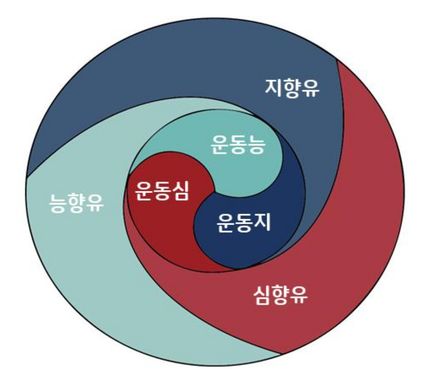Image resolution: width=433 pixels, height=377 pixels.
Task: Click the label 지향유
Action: (292, 88)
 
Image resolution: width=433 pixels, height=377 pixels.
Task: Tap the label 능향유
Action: (76, 203)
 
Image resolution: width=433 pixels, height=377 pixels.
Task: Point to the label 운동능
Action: (238, 145)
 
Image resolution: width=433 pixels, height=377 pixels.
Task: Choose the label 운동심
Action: (162, 191)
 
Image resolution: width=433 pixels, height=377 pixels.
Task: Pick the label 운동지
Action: (244, 223)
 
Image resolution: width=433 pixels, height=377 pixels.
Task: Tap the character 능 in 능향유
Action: (58, 203)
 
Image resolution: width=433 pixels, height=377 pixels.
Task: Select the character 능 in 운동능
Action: (256, 145)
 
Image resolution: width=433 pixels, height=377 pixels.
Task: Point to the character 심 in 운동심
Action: (180, 191)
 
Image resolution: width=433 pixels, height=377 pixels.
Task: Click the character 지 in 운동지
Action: (262, 222)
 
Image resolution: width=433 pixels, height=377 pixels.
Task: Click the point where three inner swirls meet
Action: (214, 192)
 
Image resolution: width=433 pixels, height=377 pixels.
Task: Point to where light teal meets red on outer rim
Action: (281, 354)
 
